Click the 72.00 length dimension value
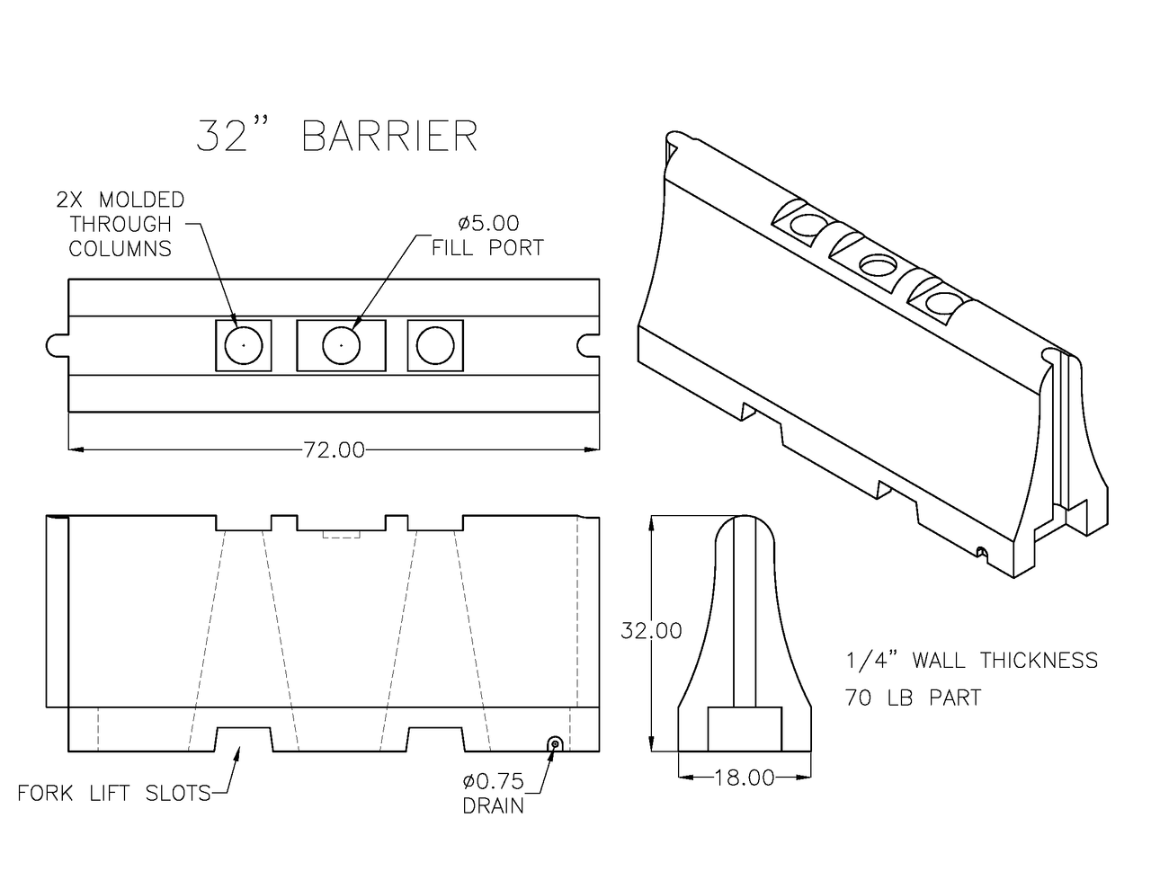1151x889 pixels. click(x=333, y=449)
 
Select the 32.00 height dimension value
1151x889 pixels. click(x=651, y=631)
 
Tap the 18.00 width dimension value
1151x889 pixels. click(x=744, y=778)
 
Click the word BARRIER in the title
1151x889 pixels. click(x=389, y=136)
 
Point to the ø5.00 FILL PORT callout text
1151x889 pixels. click(x=487, y=236)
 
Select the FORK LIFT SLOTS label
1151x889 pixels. click(x=114, y=793)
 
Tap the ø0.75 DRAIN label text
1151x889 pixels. click(x=492, y=793)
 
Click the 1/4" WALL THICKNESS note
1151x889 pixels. click(x=971, y=661)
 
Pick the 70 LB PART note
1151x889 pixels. click(x=913, y=698)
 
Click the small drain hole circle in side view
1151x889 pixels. click(x=555, y=742)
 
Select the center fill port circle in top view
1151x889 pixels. click(x=341, y=344)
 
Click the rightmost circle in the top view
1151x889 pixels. click(x=435, y=344)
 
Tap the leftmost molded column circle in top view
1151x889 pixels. click(x=243, y=344)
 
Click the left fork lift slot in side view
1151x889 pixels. click(x=243, y=739)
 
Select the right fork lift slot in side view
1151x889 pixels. click(x=436, y=739)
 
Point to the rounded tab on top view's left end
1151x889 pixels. click(x=56, y=345)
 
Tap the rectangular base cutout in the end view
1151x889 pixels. click(x=744, y=729)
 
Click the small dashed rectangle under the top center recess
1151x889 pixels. click(x=341, y=534)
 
